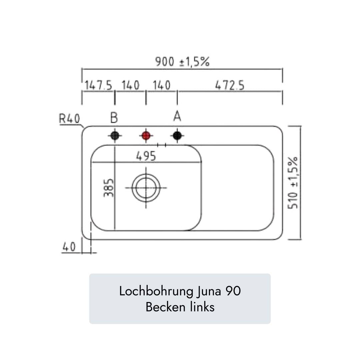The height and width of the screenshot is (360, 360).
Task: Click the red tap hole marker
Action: click(x=146, y=136)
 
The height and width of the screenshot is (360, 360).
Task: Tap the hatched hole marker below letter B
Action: click(x=115, y=136)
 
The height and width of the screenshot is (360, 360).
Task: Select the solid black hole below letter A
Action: click(x=177, y=136)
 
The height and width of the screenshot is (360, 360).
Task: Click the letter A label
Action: click(x=177, y=116)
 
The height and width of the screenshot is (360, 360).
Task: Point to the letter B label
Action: click(x=114, y=118)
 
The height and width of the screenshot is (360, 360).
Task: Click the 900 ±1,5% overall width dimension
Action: click(x=182, y=62)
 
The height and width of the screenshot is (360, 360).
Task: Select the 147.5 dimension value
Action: click(x=98, y=85)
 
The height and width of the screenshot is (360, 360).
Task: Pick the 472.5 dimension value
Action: click(x=230, y=85)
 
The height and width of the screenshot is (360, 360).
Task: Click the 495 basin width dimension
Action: click(x=146, y=156)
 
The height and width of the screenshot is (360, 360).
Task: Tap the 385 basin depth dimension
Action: click(x=109, y=188)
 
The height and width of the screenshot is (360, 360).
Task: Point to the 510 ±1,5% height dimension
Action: click(x=293, y=183)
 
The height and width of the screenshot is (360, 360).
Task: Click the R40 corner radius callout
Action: click(x=69, y=119)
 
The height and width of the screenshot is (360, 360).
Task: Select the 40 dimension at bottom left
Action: click(x=69, y=247)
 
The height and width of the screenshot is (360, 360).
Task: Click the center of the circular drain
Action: click(x=146, y=188)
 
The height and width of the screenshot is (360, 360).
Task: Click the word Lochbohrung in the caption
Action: click(x=156, y=291)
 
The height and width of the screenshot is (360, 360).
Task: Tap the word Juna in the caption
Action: click(x=209, y=291)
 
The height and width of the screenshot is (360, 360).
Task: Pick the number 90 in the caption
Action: click(x=233, y=291)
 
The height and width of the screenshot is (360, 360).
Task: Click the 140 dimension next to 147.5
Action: click(x=130, y=85)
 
